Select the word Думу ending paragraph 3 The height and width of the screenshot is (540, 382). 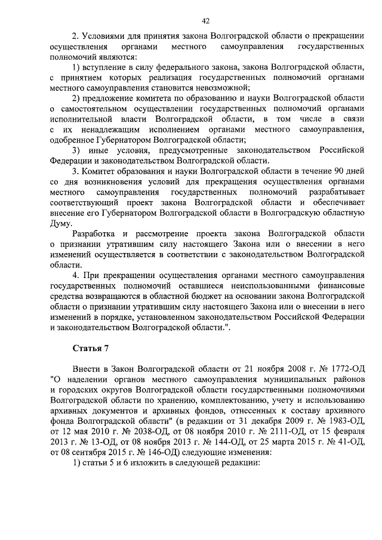(61, 223)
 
